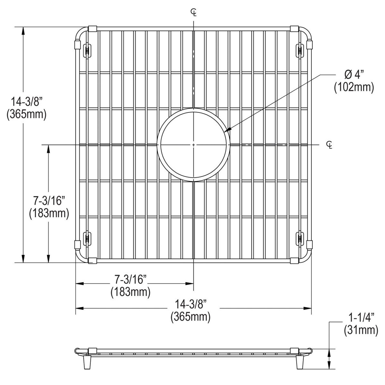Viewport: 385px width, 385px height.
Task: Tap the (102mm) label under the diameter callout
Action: point(354,87)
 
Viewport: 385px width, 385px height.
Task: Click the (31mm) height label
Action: point(361,330)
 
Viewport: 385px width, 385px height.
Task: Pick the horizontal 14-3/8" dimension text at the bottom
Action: point(190,304)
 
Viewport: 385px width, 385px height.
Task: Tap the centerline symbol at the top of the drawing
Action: point(194,12)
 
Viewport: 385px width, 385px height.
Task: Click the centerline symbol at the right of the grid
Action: point(330,145)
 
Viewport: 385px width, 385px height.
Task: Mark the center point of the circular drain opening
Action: point(193,145)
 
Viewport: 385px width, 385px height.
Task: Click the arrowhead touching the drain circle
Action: point(228,130)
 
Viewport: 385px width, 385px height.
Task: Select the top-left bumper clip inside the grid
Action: point(87,50)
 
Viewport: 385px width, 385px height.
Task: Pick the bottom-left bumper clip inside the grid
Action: point(87,239)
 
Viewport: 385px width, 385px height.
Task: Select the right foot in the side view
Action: point(300,363)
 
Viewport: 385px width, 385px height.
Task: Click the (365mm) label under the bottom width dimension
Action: point(190,317)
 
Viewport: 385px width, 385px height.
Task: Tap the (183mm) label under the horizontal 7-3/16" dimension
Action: point(130,292)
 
